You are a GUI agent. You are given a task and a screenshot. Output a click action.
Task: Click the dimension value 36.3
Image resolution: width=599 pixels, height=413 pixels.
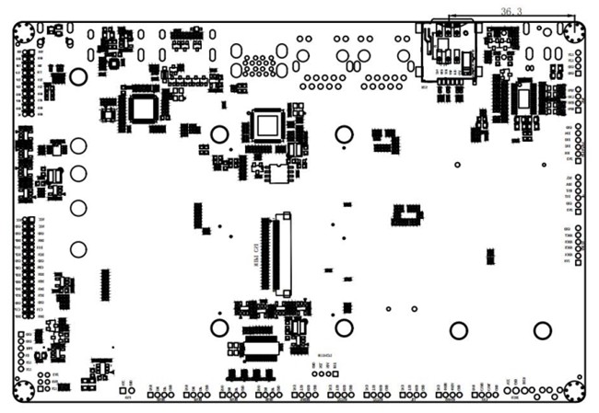pyautogui.click(x=511, y=11)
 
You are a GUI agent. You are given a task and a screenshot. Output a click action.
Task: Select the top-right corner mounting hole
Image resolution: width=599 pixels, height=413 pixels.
pyautogui.click(x=573, y=32)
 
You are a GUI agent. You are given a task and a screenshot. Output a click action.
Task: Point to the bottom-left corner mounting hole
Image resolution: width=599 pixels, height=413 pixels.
pyautogui.click(x=24, y=391)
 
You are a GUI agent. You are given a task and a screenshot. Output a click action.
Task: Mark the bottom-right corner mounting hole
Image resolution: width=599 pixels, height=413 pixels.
pyautogui.click(x=573, y=391)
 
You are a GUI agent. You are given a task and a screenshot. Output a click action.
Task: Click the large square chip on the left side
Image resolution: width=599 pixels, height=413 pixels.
pyautogui.click(x=142, y=109)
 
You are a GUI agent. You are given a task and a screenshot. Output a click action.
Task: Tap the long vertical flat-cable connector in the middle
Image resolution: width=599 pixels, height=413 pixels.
pyautogui.click(x=282, y=255)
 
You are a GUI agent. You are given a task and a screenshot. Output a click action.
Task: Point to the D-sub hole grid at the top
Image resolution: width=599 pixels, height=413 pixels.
pyautogui.click(x=259, y=65)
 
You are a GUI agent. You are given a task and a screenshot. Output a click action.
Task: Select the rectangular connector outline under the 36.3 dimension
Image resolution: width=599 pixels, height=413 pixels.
pyautogui.click(x=450, y=51)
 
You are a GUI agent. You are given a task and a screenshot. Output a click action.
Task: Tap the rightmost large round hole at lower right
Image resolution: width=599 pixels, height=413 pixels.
pyautogui.click(x=543, y=330)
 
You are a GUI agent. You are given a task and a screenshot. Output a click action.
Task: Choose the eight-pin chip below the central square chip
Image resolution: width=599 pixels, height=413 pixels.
pyautogui.click(x=277, y=173)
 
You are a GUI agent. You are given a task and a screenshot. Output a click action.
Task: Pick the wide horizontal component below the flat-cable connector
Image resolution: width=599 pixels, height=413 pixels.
pyautogui.click(x=259, y=349)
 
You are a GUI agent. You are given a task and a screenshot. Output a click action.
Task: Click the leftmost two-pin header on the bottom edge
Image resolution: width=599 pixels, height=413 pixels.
pyautogui.click(x=127, y=391)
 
